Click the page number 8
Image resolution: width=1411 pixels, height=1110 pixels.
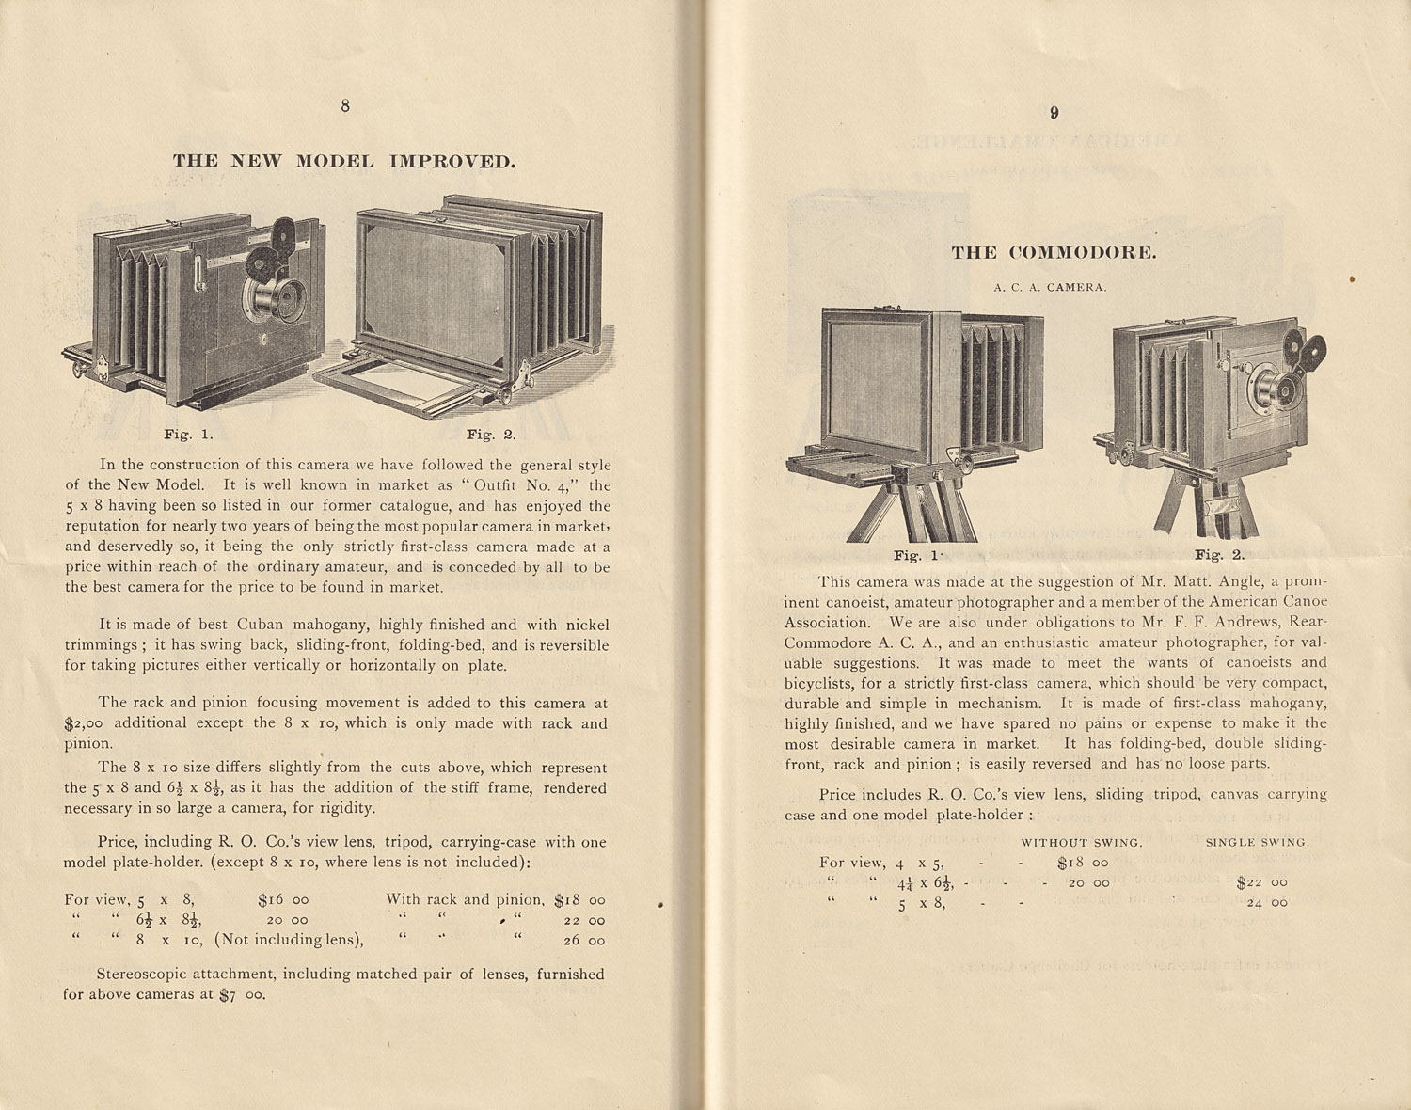coord(345,106)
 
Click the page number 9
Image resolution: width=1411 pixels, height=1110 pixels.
coord(1054,113)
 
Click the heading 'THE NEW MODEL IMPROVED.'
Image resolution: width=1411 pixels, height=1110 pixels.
coord(344,161)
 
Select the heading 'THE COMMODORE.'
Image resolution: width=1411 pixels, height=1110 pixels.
coord(1054,252)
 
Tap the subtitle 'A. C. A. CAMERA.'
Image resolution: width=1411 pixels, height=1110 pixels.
coord(1050,287)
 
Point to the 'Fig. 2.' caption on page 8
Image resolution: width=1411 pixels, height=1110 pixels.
coord(491,435)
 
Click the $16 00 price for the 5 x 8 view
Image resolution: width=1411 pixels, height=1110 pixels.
coord(283,899)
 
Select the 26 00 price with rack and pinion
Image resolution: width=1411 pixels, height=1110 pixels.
coord(584,940)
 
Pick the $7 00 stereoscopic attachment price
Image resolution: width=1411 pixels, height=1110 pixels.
coord(243,994)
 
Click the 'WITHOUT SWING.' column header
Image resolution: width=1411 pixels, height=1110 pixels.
coord(1082,842)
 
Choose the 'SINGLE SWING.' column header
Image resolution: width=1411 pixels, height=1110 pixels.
coord(1257,842)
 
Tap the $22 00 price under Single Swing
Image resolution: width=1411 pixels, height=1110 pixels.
coord(1261,882)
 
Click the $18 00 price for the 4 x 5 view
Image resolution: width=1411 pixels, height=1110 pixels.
coord(1083,862)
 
